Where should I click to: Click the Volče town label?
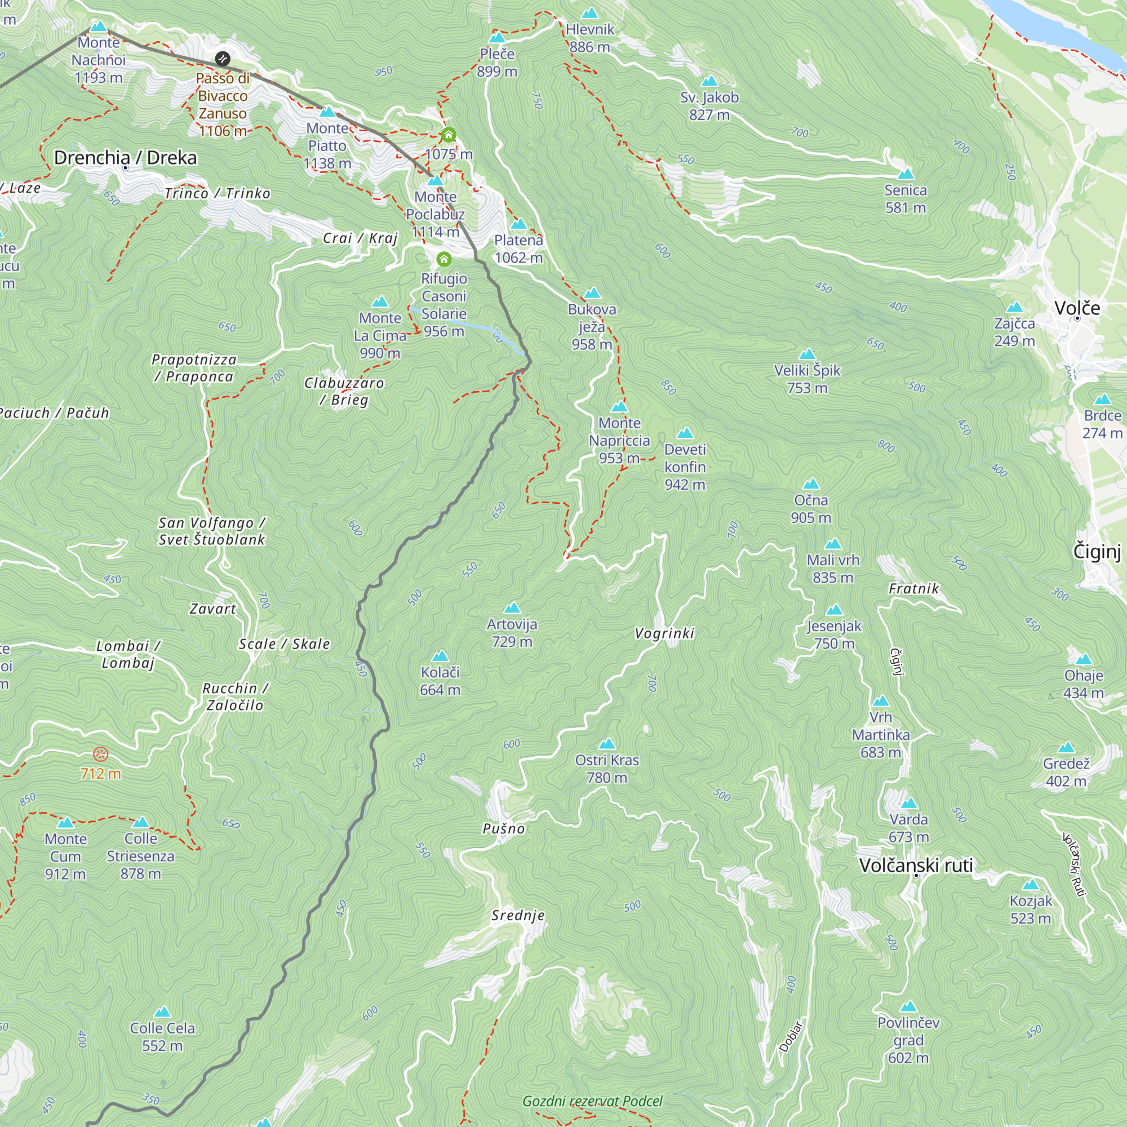pos(1077,308)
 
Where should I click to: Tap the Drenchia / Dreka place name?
pos(126,158)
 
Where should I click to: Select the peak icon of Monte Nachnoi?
pos(99,27)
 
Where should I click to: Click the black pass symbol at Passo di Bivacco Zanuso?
pos(222,59)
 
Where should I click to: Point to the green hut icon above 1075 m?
pos(448,135)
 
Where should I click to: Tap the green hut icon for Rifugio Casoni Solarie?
pos(444,259)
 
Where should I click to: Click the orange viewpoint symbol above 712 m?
pos(101,755)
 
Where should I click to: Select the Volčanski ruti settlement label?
pos(916,865)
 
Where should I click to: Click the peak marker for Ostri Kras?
pos(607,744)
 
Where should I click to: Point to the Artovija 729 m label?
pos(512,633)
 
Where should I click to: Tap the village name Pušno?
pos(503,829)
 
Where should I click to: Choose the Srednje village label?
pos(517,915)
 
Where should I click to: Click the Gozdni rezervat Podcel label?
pos(592,1101)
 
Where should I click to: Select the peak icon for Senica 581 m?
pos(906,174)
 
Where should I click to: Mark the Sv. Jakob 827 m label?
pos(709,105)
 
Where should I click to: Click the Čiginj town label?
pos(1097,551)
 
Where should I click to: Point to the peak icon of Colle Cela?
pos(162,1012)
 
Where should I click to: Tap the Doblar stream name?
pos(791,1037)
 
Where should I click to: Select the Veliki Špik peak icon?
pos(807,354)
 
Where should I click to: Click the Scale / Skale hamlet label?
pos(284,644)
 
